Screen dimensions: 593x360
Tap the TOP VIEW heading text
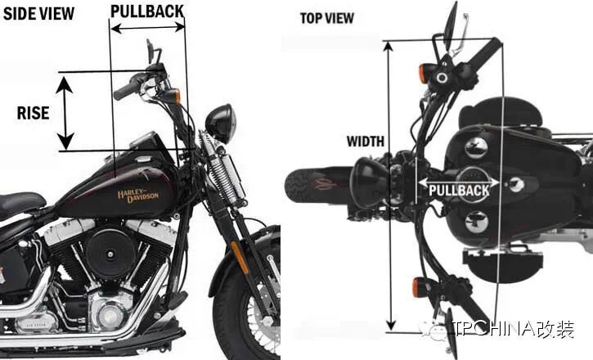(326, 18)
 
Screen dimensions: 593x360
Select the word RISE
(34, 113)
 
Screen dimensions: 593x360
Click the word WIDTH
(365, 142)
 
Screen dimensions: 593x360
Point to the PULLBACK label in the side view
(146, 11)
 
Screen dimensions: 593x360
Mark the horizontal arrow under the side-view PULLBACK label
(147, 27)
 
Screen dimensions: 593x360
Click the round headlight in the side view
(220, 124)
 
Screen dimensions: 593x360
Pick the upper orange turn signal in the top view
(423, 74)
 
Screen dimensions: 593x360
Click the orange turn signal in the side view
(175, 96)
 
